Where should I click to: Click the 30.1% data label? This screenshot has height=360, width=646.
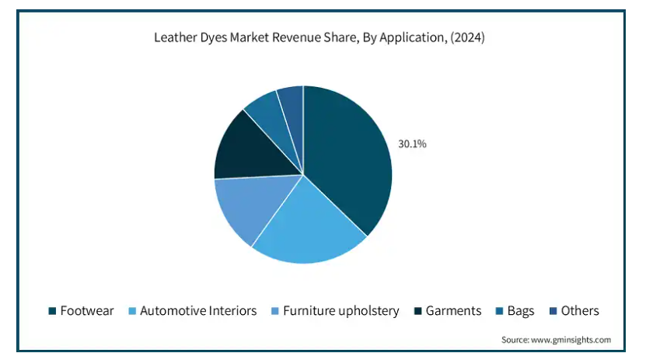(412, 144)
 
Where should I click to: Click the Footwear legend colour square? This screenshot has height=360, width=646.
(52, 311)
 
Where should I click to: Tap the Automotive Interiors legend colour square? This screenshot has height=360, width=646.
(132, 311)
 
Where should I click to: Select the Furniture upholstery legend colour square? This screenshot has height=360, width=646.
(275, 311)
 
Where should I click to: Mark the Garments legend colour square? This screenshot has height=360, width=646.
(418, 311)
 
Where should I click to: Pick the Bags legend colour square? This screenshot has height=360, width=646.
(499, 311)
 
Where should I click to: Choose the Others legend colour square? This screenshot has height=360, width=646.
(553, 311)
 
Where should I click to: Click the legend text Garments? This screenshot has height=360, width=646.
(454, 310)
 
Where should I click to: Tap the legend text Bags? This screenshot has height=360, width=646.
(521, 311)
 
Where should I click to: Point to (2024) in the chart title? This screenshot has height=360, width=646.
(468, 37)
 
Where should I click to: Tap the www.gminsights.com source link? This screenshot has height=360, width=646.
(571, 340)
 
